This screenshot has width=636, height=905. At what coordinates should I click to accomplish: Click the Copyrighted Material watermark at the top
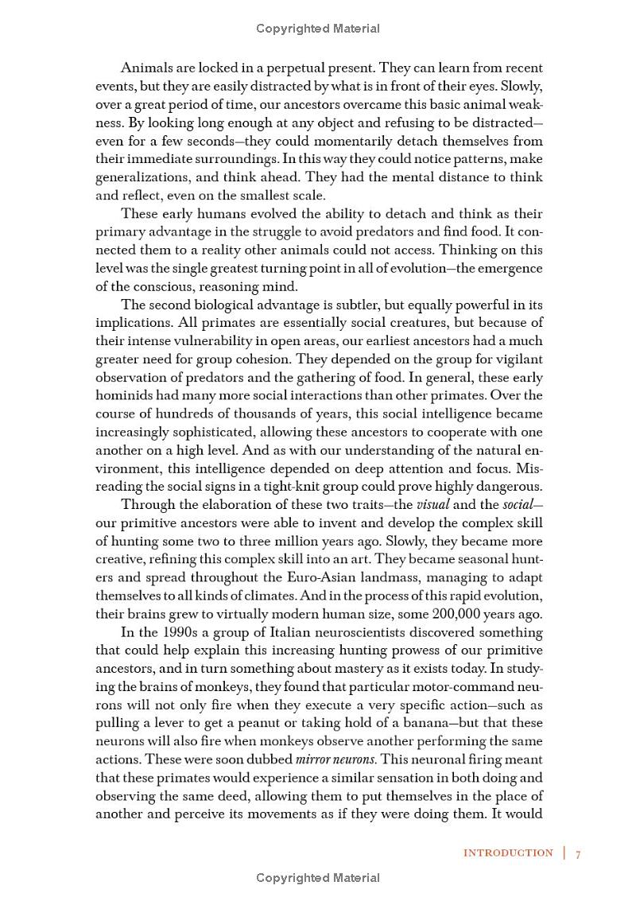click(318, 29)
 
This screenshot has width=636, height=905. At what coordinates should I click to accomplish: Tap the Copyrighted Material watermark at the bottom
click(318, 878)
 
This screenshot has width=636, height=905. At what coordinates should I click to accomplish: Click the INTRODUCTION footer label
click(508, 853)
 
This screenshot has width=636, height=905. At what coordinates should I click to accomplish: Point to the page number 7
click(579, 854)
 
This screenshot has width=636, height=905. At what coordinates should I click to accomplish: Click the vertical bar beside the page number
click(564, 853)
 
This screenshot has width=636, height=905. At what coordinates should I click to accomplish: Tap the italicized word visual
click(433, 503)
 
